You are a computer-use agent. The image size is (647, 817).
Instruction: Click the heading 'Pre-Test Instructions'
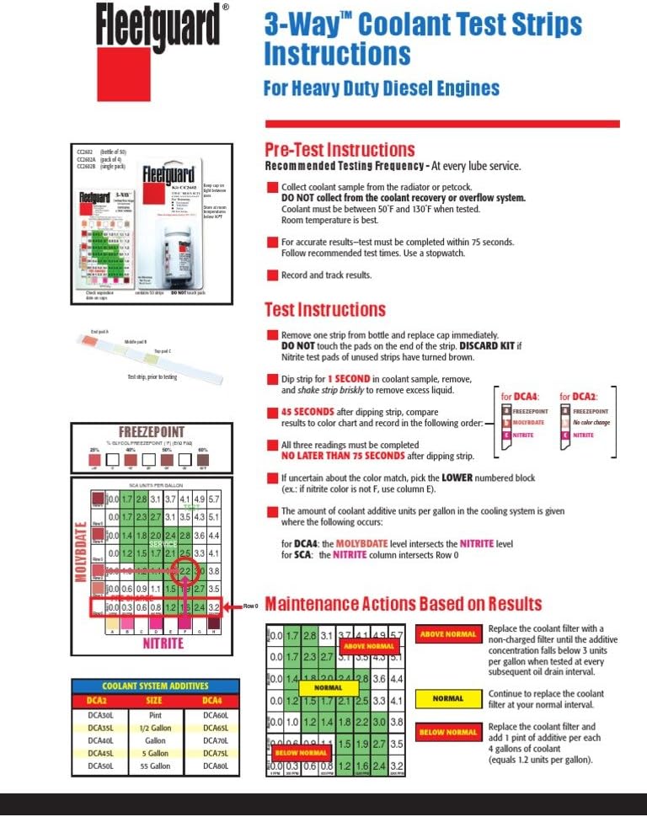[x=340, y=150]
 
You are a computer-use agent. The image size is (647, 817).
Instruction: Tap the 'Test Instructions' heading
[x=324, y=309]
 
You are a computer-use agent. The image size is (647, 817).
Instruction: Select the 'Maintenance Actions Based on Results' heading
[x=404, y=604]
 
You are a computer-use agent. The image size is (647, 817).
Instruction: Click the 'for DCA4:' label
[x=519, y=396]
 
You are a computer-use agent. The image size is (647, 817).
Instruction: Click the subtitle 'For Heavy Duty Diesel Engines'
[x=381, y=88]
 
